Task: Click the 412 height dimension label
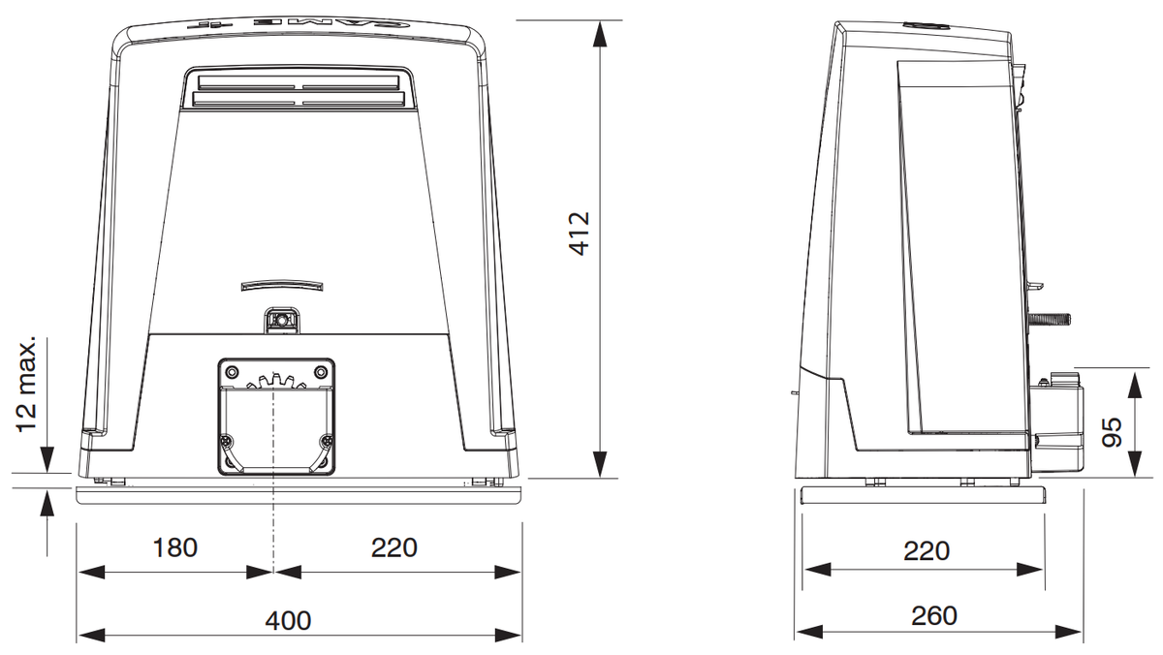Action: [580, 234]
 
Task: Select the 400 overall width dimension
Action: [288, 620]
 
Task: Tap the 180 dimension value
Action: [175, 547]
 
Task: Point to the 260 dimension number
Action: [934, 615]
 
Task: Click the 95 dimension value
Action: [1112, 432]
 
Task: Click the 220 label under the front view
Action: [394, 547]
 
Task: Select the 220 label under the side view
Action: [927, 550]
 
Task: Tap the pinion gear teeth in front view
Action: [275, 381]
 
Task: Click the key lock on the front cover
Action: [282, 321]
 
